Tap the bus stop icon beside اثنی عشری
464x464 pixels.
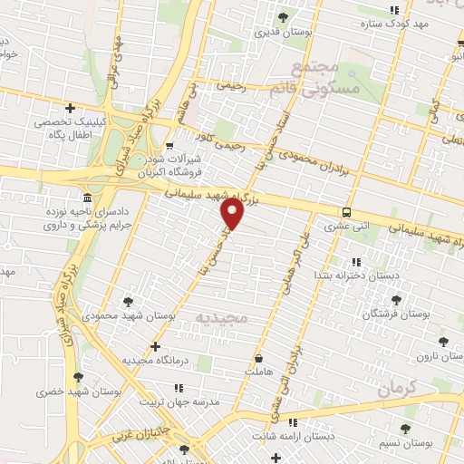(347, 213)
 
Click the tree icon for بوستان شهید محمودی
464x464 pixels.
(127, 303)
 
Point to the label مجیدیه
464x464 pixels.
(220, 320)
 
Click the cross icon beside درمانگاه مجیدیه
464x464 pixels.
(156, 346)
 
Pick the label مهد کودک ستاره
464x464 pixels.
(395, 24)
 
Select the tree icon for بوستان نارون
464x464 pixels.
(442, 342)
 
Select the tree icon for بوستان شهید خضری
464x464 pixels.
(78, 378)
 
